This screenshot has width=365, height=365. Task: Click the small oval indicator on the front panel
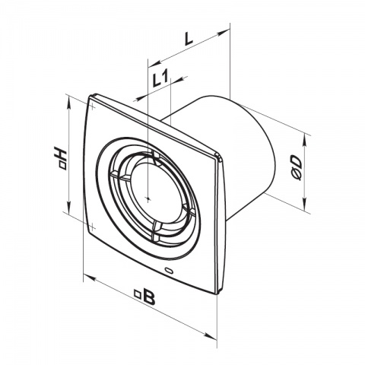(x=168, y=270)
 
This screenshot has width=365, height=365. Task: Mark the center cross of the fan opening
(x=146, y=196)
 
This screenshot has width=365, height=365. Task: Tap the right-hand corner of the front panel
(x=221, y=159)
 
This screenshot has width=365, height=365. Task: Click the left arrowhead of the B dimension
(x=86, y=275)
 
